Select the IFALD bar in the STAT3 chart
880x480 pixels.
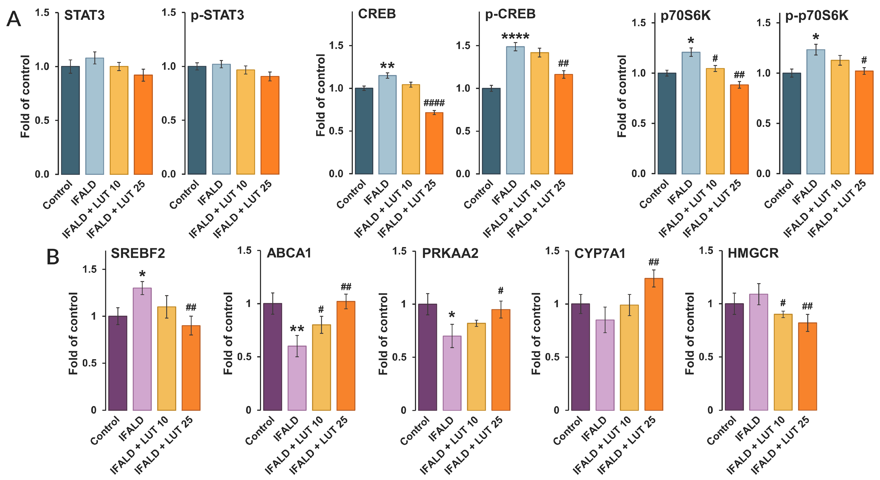tap(95, 116)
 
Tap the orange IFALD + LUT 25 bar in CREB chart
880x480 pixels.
tap(434, 143)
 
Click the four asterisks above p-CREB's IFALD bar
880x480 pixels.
tap(515, 36)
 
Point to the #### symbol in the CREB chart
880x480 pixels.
tap(434, 103)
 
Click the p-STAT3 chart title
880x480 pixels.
tap(217, 15)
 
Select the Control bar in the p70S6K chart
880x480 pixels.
tap(667, 124)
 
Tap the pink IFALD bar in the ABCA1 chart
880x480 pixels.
tap(297, 378)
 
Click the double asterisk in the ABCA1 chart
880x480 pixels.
tap(297, 329)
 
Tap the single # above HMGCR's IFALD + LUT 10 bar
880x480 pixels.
tap(783, 303)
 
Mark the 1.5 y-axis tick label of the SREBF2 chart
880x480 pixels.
tap(89, 269)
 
